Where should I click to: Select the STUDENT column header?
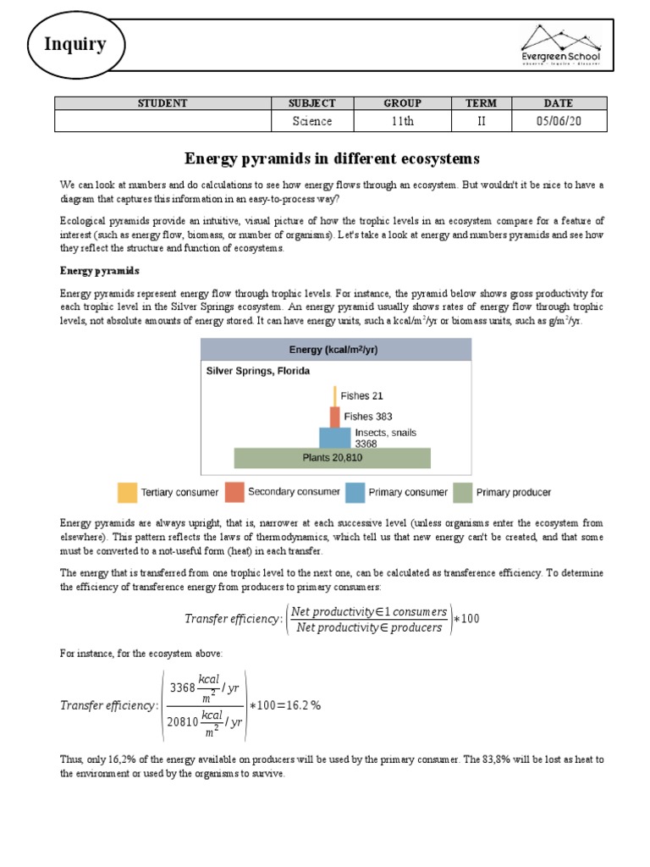(162, 103)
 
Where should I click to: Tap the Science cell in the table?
(312, 121)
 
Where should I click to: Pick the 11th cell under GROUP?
(402, 121)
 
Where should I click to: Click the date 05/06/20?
(559, 121)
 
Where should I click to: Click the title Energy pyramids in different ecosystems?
(332, 158)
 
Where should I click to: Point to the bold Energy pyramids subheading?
(99, 271)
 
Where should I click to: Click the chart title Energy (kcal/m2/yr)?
(335, 349)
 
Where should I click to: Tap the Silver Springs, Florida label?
(257, 371)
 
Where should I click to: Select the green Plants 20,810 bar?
(332, 458)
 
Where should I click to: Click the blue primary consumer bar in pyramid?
(334, 437)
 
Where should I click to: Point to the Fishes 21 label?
(362, 395)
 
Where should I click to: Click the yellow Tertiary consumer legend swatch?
(126, 492)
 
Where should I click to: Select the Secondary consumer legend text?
(294, 492)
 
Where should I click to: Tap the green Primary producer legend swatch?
(462, 492)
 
